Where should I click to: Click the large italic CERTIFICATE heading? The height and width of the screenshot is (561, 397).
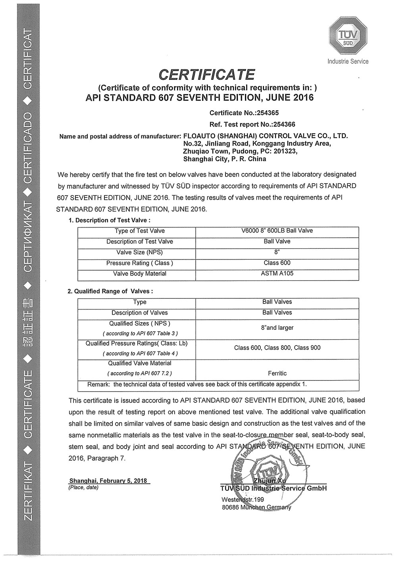[206, 74]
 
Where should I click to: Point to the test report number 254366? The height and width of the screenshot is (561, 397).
[281, 124]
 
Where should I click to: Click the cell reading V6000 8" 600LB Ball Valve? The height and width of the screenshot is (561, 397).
[277, 231]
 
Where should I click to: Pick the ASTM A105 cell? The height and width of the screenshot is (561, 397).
[277, 273]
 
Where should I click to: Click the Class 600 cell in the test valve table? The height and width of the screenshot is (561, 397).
[277, 263]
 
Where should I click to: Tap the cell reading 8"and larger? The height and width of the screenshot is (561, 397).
[277, 328]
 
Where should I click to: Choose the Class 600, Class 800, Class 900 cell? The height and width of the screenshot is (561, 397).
[277, 348]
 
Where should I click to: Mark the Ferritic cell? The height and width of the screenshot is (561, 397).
[277, 373]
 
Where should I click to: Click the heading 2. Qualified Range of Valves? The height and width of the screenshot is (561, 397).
[110, 291]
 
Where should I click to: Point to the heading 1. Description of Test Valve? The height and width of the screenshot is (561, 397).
[110, 220]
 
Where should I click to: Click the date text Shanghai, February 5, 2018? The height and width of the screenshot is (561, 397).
[108, 480]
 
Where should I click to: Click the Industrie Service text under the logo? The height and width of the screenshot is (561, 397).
[348, 61]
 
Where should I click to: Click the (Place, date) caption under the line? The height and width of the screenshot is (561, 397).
[83, 487]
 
